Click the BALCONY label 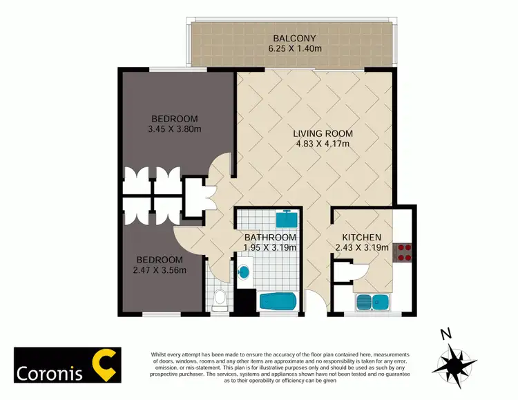coord(295,38)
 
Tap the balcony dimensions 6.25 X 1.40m coord(295,49)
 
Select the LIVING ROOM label coord(323,133)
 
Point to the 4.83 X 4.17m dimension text coord(323,144)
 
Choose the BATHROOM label coord(270,238)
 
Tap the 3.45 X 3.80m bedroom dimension coord(174,128)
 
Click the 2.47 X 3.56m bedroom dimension coord(158,269)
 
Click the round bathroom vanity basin coord(242,271)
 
